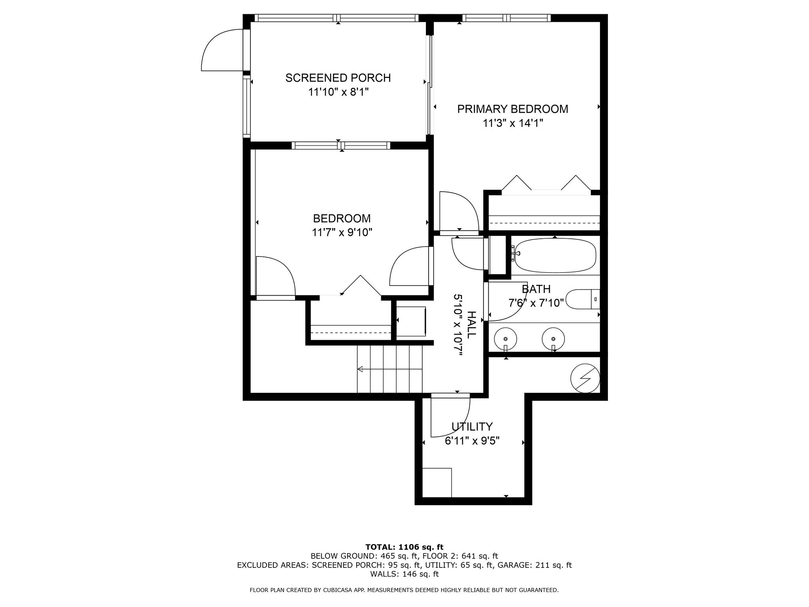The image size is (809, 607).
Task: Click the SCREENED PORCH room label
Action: coord(338,78)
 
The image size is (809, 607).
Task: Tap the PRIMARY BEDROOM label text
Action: coord(512,109)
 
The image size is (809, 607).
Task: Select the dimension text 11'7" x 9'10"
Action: coord(342,232)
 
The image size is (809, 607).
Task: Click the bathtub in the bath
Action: coord(555,255)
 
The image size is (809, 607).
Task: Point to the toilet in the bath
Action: coord(582,300)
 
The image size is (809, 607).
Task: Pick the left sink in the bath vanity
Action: coord(506,339)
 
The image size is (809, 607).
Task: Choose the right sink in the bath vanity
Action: coord(553,339)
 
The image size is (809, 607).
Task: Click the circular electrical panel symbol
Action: coord(585,378)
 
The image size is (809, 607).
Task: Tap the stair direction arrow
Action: coord(360,369)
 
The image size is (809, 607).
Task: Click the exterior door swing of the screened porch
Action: coord(221,51)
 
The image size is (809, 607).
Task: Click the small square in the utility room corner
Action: coord(437,483)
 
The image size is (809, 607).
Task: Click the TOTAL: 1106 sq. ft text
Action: coord(404,547)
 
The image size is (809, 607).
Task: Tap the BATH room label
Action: coord(536,289)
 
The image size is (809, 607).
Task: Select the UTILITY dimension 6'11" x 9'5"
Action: coord(472,441)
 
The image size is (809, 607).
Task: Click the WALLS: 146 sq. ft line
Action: coord(404,574)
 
